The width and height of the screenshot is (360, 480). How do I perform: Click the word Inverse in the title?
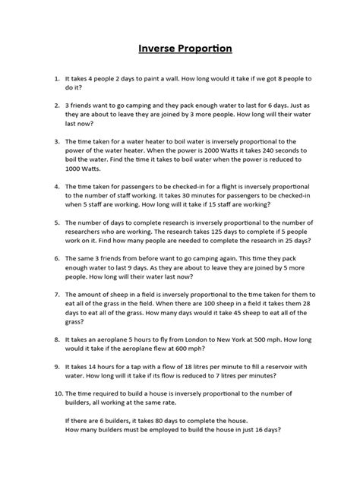coord(158,50)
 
